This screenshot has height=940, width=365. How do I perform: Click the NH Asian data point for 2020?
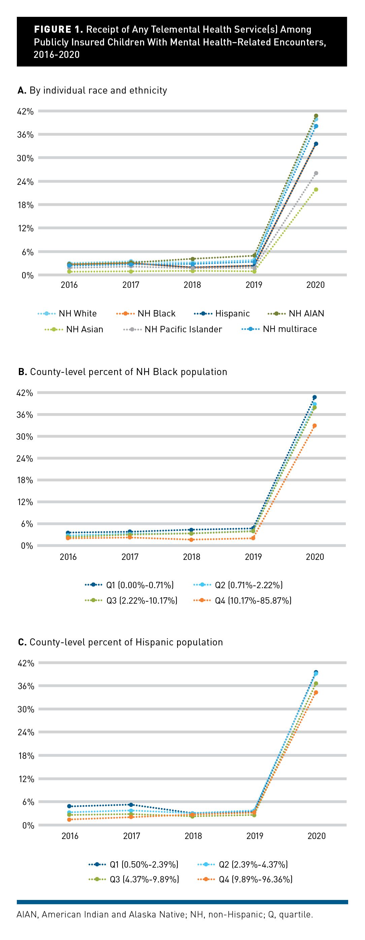[x=316, y=190]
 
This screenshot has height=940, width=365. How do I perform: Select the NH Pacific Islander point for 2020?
[x=316, y=173]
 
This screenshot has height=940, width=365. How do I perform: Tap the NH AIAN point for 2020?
[x=316, y=116]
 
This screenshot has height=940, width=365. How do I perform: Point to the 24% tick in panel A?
[x=25, y=182]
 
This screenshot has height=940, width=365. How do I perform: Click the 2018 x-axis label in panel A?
[x=192, y=284]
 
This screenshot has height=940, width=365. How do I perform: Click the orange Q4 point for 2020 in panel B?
[x=314, y=426]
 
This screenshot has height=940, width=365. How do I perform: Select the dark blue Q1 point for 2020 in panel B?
[x=314, y=397]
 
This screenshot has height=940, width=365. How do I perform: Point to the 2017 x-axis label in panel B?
[x=130, y=557]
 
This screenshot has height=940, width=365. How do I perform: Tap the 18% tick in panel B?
[x=25, y=480]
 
